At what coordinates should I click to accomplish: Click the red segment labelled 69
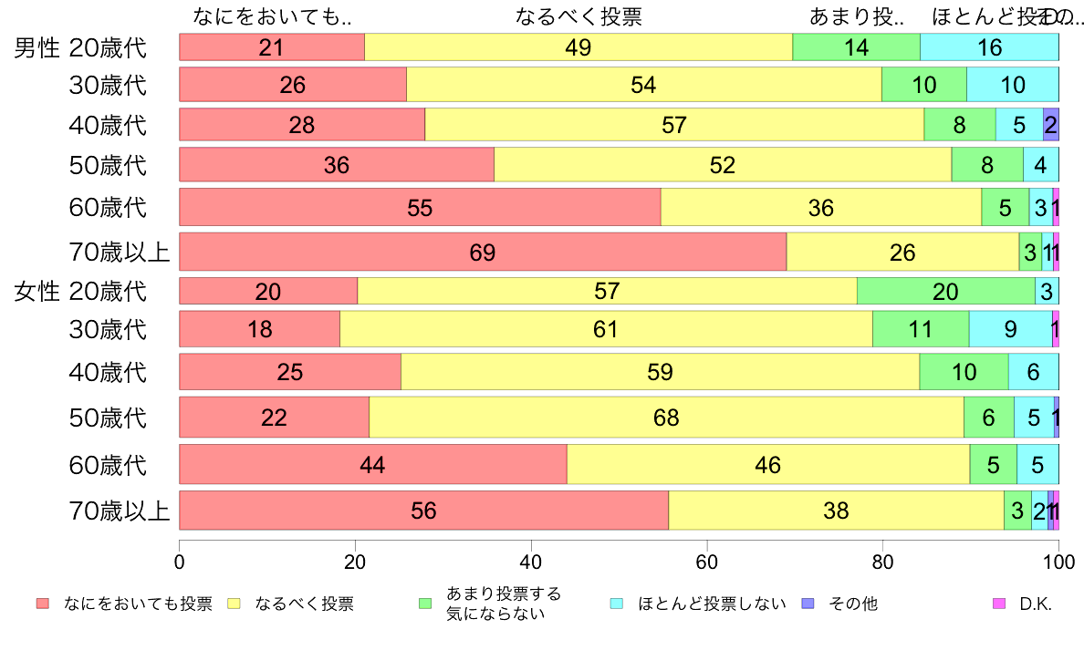pyautogui.click(x=483, y=253)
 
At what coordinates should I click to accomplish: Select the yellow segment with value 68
pyautogui.click(x=666, y=418)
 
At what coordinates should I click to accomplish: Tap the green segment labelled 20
pyautogui.click(x=946, y=291)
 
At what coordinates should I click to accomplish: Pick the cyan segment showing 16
pyautogui.click(x=989, y=47)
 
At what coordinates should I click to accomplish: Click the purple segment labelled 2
pyautogui.click(x=1050, y=124)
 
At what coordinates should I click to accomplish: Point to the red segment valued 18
pyautogui.click(x=259, y=329)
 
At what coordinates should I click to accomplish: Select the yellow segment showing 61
pyautogui.click(x=606, y=329)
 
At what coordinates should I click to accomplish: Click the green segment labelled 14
pyautogui.click(x=856, y=47)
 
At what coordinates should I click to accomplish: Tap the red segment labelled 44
pyautogui.click(x=372, y=465)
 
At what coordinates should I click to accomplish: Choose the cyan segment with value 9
pyautogui.click(x=1010, y=329)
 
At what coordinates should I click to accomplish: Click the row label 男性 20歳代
pyautogui.click(x=80, y=47)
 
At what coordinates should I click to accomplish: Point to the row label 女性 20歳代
pyautogui.click(x=80, y=292)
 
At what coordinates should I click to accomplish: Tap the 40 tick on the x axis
pyautogui.click(x=531, y=559)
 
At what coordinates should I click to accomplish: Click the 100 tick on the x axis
pyautogui.click(x=1058, y=559)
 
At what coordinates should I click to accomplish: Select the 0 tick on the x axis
pyautogui.click(x=180, y=559)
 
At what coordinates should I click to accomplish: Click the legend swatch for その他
pyautogui.click(x=807, y=604)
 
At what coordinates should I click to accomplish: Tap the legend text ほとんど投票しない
pyautogui.click(x=712, y=604)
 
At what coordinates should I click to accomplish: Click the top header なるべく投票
pyautogui.click(x=578, y=17)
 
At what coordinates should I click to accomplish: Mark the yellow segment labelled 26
pyautogui.click(x=902, y=253)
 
